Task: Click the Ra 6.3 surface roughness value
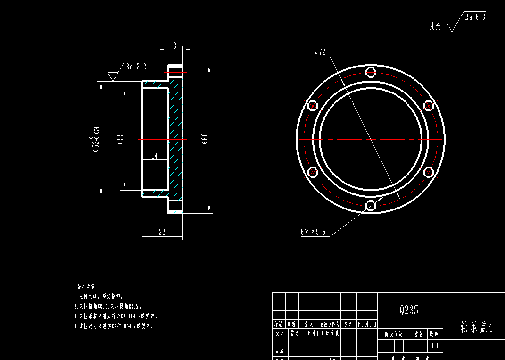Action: click(474, 17)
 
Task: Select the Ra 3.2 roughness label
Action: click(136, 67)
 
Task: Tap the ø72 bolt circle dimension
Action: click(320, 52)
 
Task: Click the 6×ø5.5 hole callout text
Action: click(313, 232)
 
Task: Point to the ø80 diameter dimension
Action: click(205, 139)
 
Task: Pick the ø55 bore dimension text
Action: click(120, 139)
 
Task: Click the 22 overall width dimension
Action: click(162, 232)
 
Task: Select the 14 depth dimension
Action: click(155, 156)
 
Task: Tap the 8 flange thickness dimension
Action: click(175, 46)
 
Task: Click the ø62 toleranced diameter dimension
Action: click(96, 140)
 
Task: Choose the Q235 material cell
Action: click(409, 310)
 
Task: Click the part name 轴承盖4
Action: click(476, 328)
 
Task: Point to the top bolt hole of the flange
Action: click(371, 73)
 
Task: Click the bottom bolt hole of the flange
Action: click(371, 205)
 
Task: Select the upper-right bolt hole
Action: click(428, 106)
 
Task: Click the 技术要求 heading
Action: click(86, 286)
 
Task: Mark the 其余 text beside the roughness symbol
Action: click(435, 27)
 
